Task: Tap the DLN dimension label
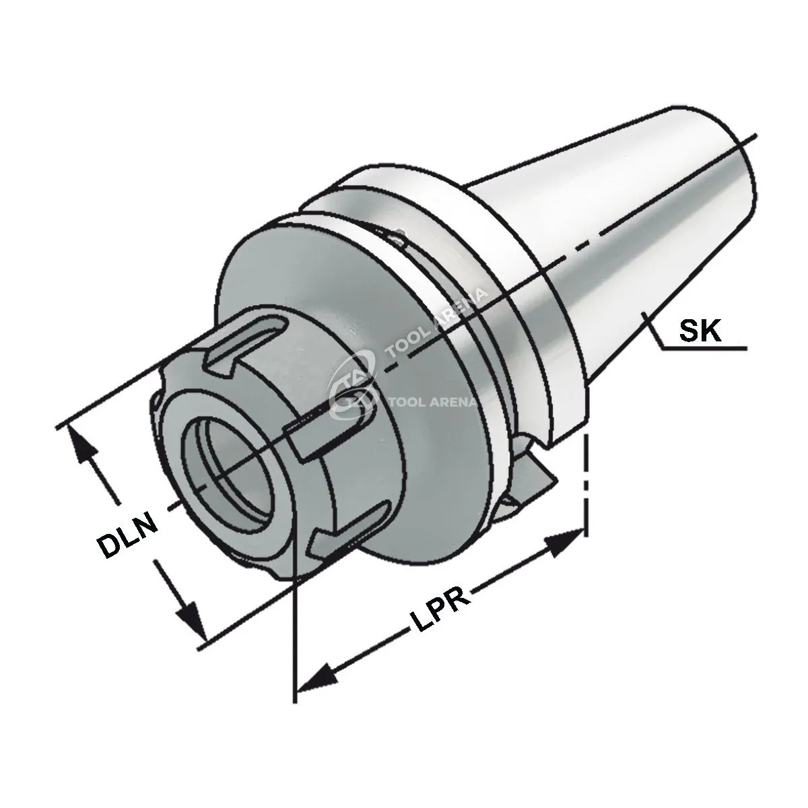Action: [127, 534]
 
